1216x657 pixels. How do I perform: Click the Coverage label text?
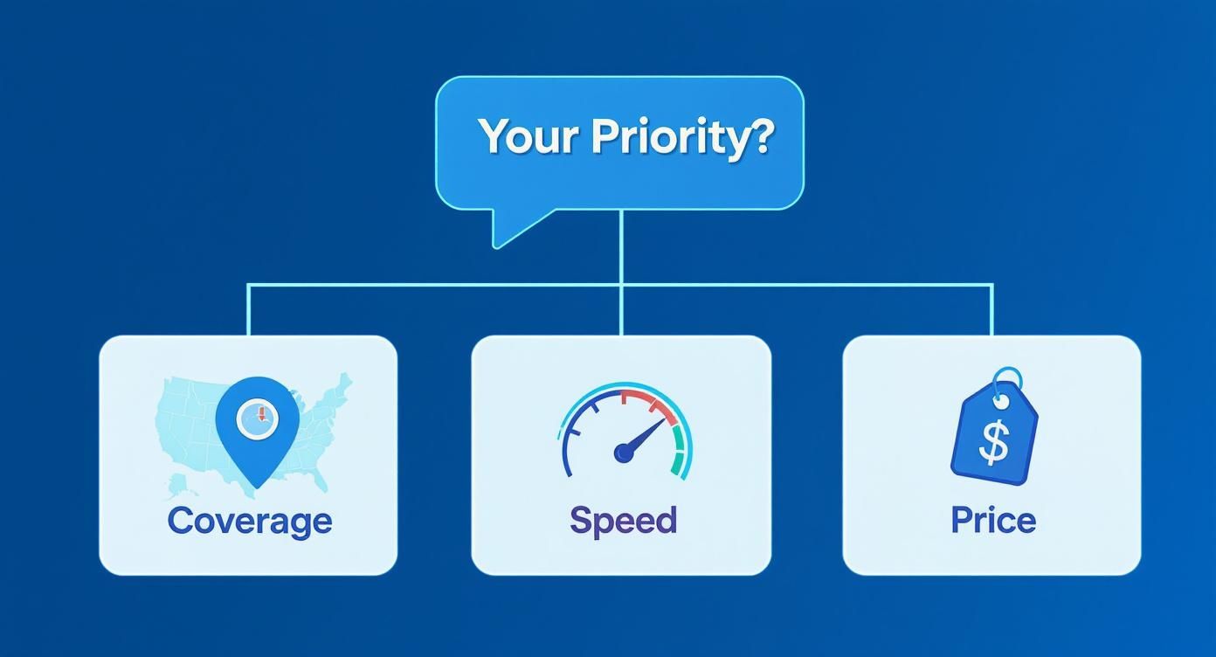tap(250, 521)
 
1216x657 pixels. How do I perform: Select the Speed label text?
tap(623, 521)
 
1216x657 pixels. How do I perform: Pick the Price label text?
tap(993, 521)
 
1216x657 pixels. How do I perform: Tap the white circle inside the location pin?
tap(258, 417)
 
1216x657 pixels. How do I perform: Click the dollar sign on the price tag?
tap(993, 441)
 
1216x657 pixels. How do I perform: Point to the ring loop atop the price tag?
tap(1008, 377)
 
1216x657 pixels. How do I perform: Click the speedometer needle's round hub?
tap(624, 452)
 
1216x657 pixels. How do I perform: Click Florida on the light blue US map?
tap(321, 481)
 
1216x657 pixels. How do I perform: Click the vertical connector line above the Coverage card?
tap(249, 310)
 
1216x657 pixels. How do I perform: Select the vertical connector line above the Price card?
tap(992, 310)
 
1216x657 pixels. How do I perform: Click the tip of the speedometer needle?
tap(664, 422)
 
